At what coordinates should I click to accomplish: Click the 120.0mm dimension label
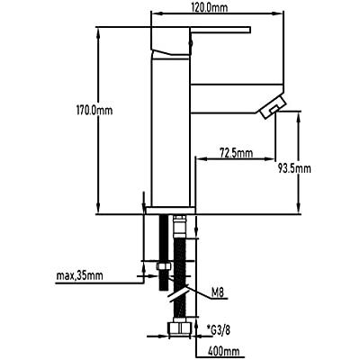pos(209,8)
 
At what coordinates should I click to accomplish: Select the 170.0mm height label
pos(94,111)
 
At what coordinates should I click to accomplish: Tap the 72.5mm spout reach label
pos(237,153)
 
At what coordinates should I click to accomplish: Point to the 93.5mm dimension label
pos(294,168)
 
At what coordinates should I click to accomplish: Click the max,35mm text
pos(79,275)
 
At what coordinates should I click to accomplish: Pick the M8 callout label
pos(218,292)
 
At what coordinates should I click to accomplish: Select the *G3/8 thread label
pos(219,331)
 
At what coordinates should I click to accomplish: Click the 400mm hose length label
pos(224,351)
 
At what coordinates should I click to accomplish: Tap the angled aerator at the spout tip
pos(273,107)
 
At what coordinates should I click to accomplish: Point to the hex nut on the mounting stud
pos(164,266)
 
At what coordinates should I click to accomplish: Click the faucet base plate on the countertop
pos(171,211)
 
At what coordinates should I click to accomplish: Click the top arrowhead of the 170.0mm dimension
pos(98,31)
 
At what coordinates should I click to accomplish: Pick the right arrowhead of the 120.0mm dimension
pos(278,13)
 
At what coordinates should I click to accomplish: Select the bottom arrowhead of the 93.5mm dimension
pos(298,209)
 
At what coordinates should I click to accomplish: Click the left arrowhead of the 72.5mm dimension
pos(201,159)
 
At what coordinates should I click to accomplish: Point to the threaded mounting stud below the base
pos(164,253)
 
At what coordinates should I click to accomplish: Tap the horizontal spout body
pos(237,98)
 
